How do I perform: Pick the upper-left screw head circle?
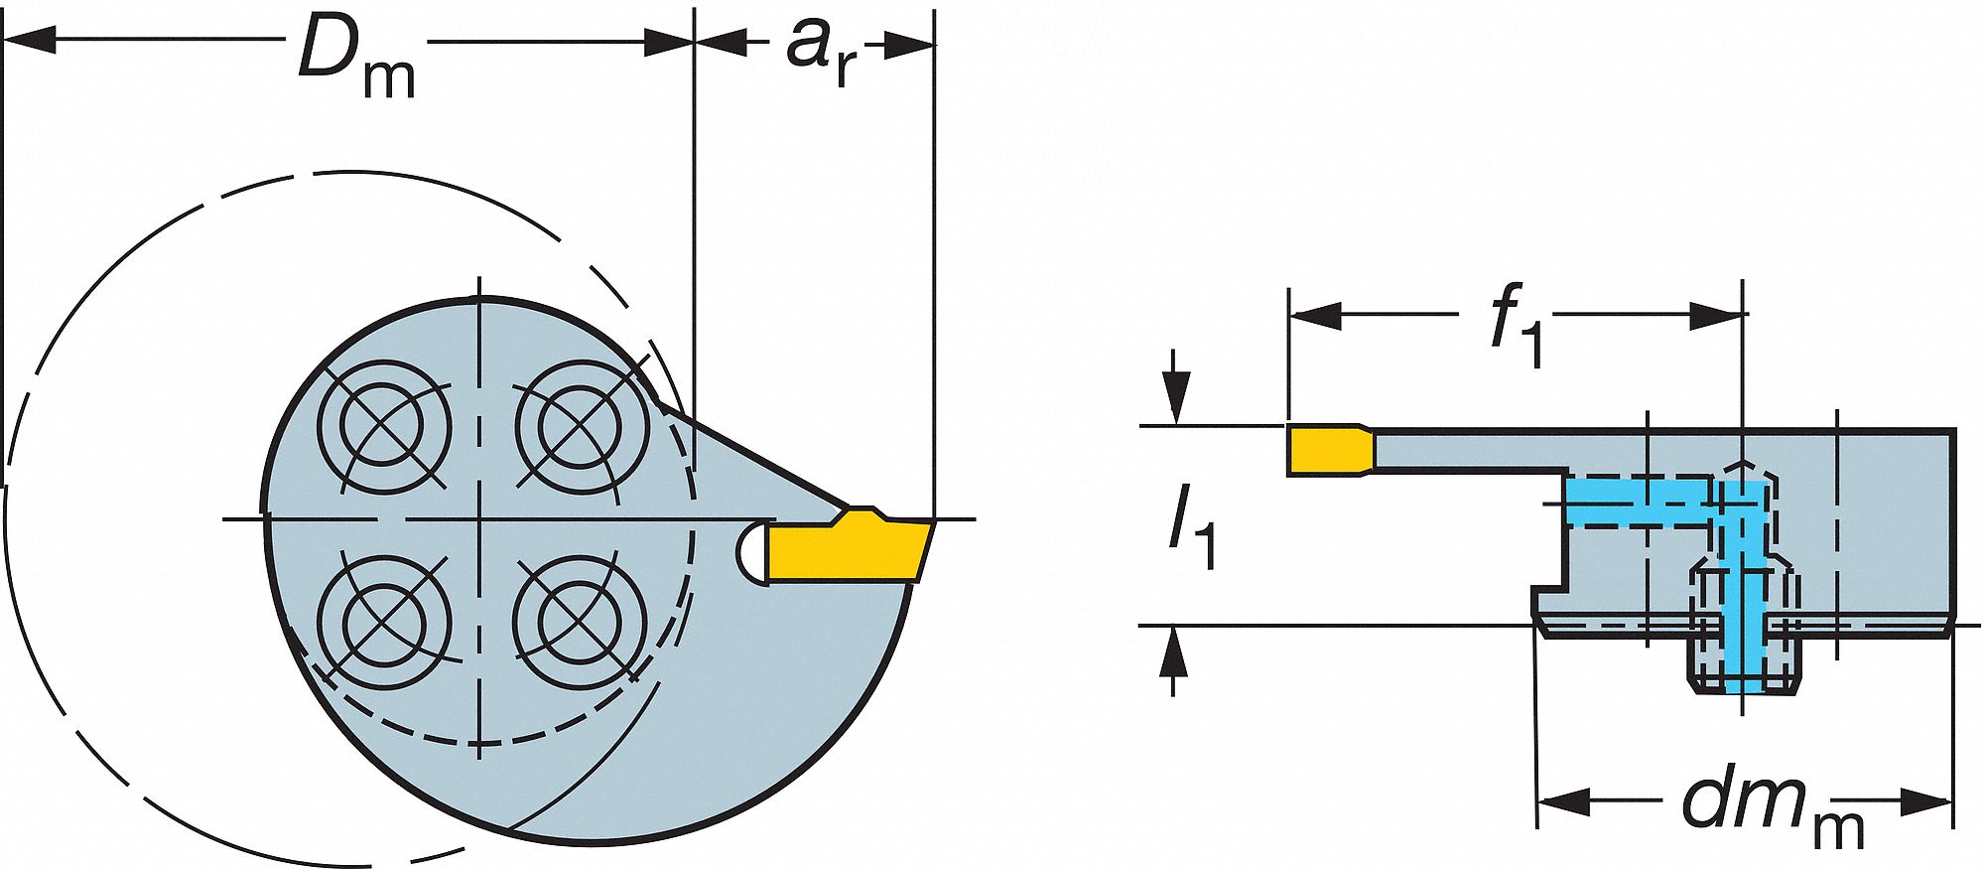coord(384,427)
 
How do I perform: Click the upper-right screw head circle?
coord(582,427)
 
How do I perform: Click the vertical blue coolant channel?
coord(1743,586)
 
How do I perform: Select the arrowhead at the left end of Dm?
coord(30,42)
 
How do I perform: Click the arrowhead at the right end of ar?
coord(908,44)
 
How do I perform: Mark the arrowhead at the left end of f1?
coord(1315,316)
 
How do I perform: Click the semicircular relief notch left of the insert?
coord(751,551)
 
